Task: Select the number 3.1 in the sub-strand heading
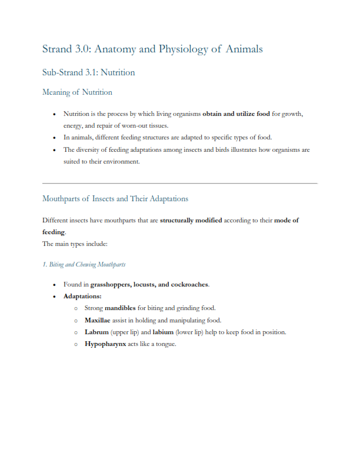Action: (x=89, y=73)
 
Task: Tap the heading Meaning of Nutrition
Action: (x=77, y=92)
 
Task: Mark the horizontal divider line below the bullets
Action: (x=179, y=184)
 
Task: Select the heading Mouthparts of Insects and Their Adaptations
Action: (x=115, y=198)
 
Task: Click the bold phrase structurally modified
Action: (x=191, y=220)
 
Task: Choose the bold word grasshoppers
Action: (x=106, y=284)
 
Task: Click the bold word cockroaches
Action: (x=187, y=284)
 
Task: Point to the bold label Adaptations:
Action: (x=82, y=296)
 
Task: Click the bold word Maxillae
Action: (x=98, y=320)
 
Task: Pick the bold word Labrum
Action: (x=96, y=332)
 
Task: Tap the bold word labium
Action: (x=163, y=332)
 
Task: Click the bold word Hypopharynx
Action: (x=105, y=344)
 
